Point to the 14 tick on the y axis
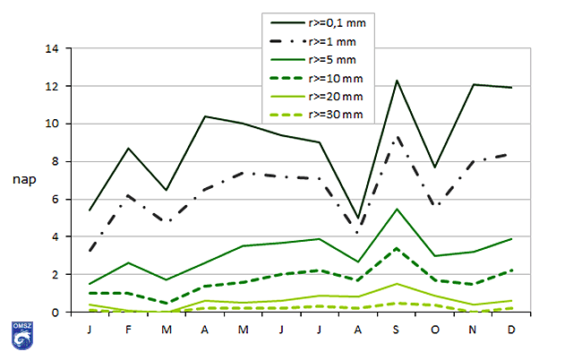pos(54,49)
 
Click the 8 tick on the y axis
pos(56,162)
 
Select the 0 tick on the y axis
pos(56,313)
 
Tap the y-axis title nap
pos(24,180)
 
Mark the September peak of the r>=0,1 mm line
pos(396,81)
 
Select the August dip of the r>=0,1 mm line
pos(358,219)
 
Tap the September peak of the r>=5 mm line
pos(396,209)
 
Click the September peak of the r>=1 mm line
pos(396,137)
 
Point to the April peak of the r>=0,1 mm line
pos(206,116)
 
